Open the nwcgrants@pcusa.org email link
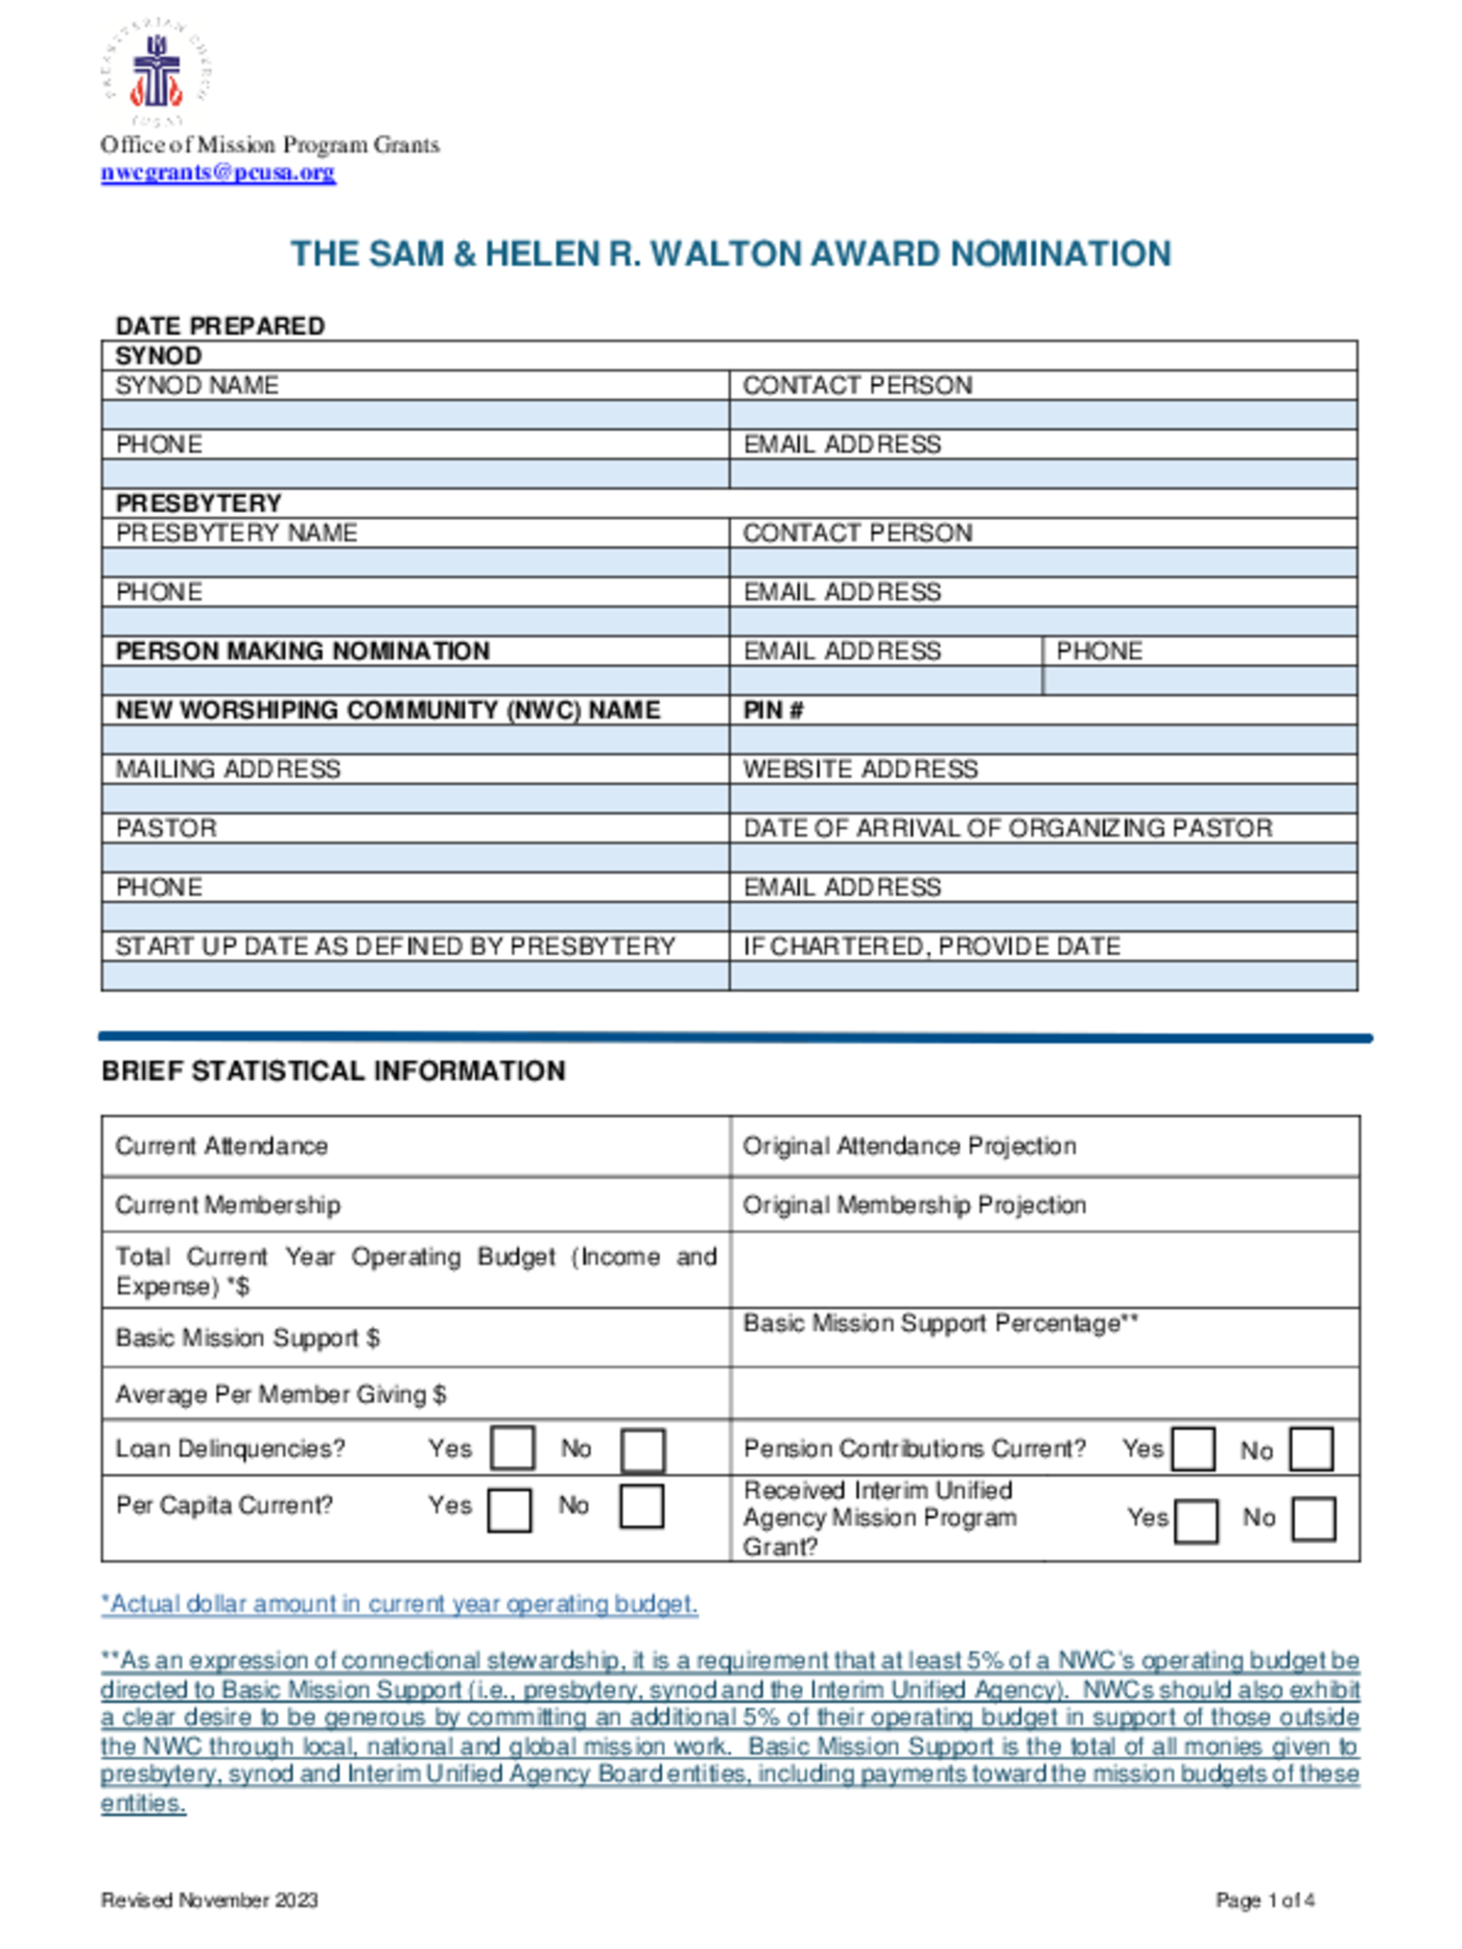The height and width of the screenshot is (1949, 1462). coord(218,172)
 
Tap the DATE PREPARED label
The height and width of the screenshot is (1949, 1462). coord(220,326)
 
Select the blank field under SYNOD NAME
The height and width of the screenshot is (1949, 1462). coord(415,415)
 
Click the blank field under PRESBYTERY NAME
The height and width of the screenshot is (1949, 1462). coord(415,562)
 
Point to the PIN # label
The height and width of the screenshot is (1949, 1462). coord(773,710)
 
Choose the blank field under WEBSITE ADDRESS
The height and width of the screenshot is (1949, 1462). coord(1042,798)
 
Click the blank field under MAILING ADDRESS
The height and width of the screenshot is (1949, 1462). coord(415,798)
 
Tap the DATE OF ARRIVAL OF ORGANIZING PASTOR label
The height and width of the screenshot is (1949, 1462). coord(1007,828)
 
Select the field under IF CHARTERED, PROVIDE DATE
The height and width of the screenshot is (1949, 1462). coord(1042,975)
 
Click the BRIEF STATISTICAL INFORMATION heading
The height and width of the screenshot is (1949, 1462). coord(333,1071)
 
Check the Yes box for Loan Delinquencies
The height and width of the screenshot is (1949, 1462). coord(512,1449)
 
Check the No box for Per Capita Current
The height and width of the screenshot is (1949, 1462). coord(640,1507)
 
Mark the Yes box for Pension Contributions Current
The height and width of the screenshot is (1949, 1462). coord(1193,1449)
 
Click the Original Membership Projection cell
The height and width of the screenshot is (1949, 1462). coord(914,1204)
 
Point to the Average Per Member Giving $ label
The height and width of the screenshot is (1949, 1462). coord(281,1394)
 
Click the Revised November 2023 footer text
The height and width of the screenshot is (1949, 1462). coord(210,1900)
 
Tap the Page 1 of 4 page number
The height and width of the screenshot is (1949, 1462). coord(1264,1900)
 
